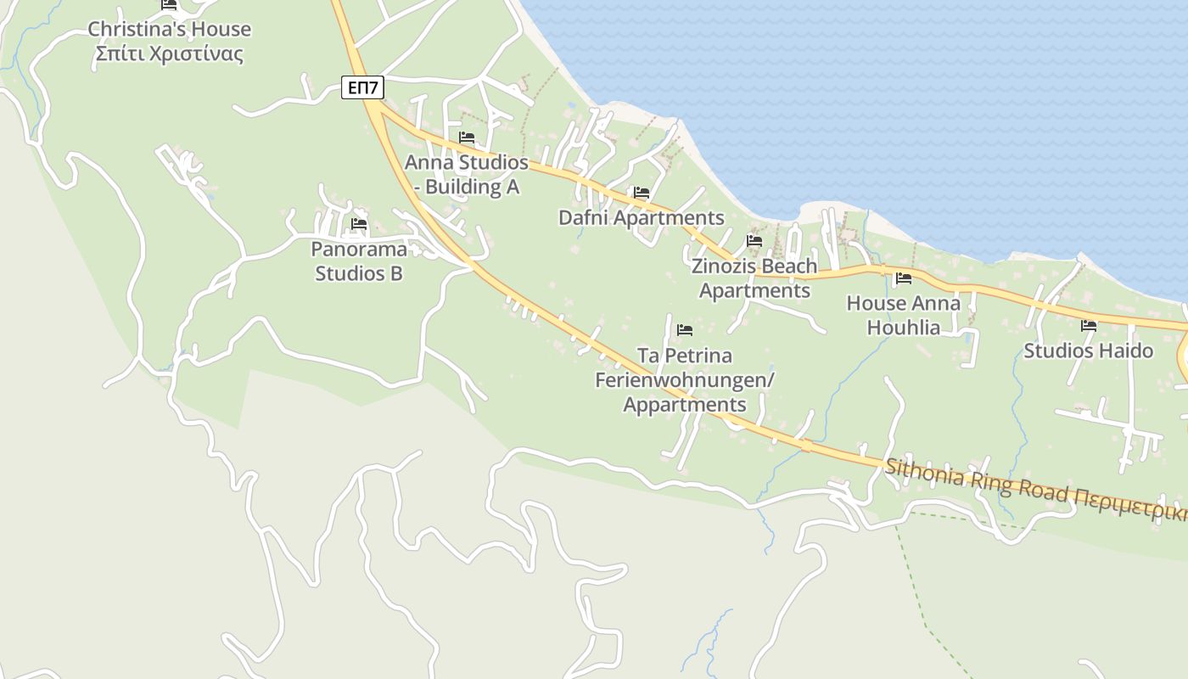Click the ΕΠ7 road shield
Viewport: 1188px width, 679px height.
click(x=363, y=87)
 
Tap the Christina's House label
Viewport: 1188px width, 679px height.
click(x=170, y=29)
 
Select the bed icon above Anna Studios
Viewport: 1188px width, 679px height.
click(x=466, y=137)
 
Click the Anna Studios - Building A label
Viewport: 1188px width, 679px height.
click(x=466, y=174)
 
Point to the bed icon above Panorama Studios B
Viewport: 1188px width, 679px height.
click(x=359, y=225)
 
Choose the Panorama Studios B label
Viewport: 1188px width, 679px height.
click(x=359, y=261)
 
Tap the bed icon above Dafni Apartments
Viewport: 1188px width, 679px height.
click(x=641, y=194)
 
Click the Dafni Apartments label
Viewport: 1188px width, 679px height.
click(x=641, y=218)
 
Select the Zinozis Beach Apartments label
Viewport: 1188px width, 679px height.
click(x=754, y=278)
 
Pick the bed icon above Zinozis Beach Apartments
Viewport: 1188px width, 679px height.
click(x=754, y=241)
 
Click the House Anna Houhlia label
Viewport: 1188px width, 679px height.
click(x=904, y=315)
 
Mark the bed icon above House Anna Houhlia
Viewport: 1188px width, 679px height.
click(x=903, y=278)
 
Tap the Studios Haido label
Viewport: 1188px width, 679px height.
click(x=1088, y=351)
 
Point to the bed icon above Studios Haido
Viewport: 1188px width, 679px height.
click(x=1088, y=326)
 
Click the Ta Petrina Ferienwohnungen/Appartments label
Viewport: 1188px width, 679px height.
click(x=685, y=379)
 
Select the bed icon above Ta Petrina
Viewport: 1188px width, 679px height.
click(x=685, y=330)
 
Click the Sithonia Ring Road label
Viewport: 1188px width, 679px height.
click(x=976, y=480)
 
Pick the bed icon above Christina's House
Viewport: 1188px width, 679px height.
click(x=169, y=4)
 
